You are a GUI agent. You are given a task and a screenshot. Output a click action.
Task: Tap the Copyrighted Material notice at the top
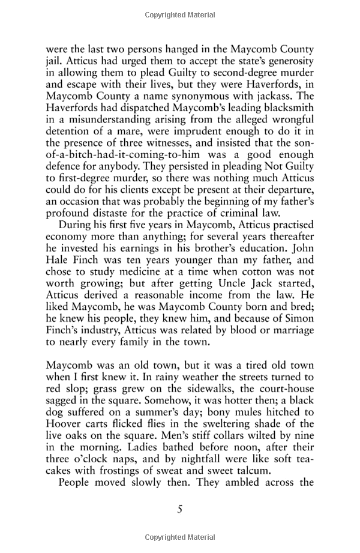(179, 12)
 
